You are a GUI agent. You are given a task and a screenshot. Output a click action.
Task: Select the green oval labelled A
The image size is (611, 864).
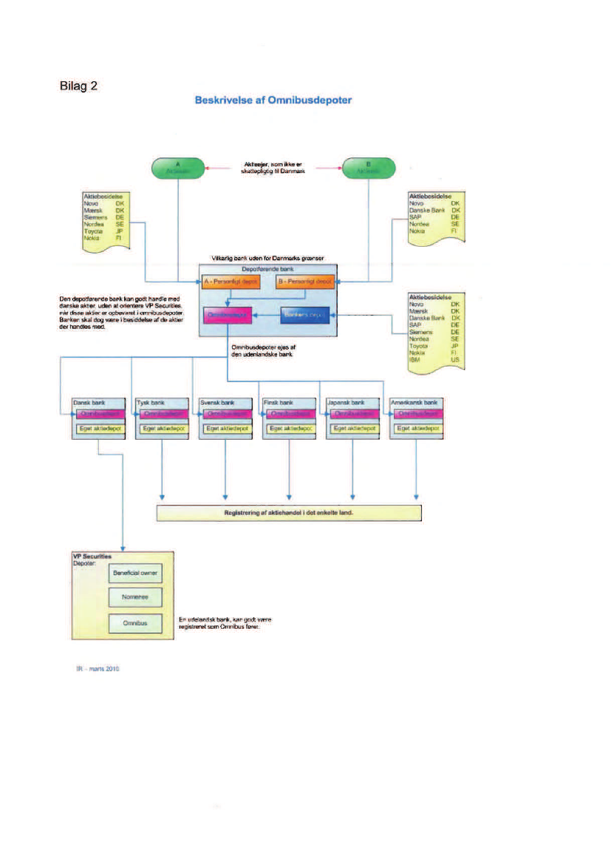178,167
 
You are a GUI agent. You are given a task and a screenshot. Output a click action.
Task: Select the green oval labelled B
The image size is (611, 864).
368,167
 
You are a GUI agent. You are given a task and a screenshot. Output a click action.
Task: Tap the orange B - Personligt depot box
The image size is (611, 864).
304,282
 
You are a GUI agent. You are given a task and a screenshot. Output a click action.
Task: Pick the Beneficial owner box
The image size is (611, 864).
134,572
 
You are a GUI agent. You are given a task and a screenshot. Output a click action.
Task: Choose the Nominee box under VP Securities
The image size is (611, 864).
134,597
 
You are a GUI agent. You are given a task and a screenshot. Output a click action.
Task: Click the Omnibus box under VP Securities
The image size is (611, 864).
134,623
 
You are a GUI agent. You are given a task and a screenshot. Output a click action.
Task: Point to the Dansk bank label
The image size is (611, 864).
87,403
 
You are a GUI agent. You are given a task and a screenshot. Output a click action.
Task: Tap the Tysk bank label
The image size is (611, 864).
150,403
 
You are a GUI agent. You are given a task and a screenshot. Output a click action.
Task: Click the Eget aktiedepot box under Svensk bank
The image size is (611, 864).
226,428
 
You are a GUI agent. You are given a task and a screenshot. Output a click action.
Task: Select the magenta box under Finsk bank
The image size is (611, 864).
290,414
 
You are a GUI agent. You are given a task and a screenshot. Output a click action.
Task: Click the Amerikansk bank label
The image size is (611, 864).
414,403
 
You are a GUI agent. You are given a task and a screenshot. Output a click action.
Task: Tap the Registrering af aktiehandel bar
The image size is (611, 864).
289,513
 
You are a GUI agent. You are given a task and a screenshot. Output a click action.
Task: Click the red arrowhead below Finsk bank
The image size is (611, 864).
289,495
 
